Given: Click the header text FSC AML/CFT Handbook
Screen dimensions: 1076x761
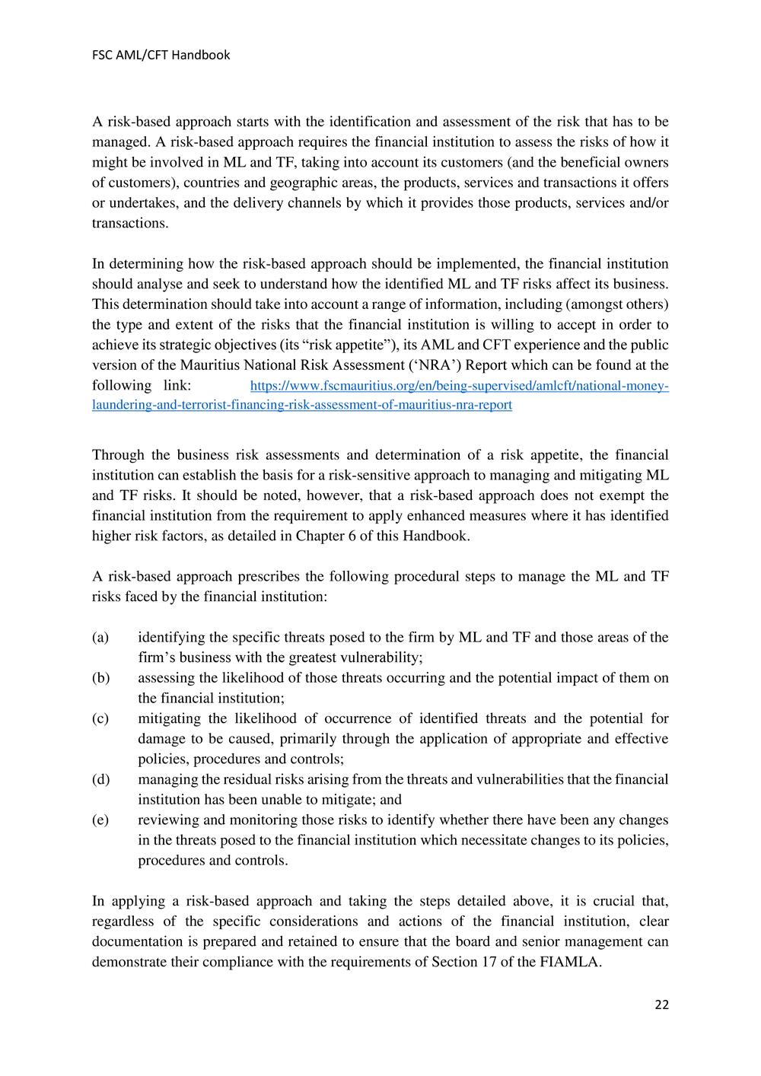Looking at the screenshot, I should [161, 55].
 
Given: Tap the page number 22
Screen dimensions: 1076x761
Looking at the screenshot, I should [661, 1004].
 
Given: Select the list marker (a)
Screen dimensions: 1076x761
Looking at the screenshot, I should [100, 637].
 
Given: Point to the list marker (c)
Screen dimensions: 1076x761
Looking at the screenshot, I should [100, 718].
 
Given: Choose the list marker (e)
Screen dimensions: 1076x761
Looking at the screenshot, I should [100, 820].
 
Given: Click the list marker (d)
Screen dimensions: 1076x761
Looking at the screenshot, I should [100, 779].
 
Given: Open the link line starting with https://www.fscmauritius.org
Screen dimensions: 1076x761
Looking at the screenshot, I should [459, 386].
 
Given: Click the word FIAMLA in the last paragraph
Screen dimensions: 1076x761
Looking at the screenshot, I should [575, 962].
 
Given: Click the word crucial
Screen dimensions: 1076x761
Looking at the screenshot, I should [603, 901].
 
